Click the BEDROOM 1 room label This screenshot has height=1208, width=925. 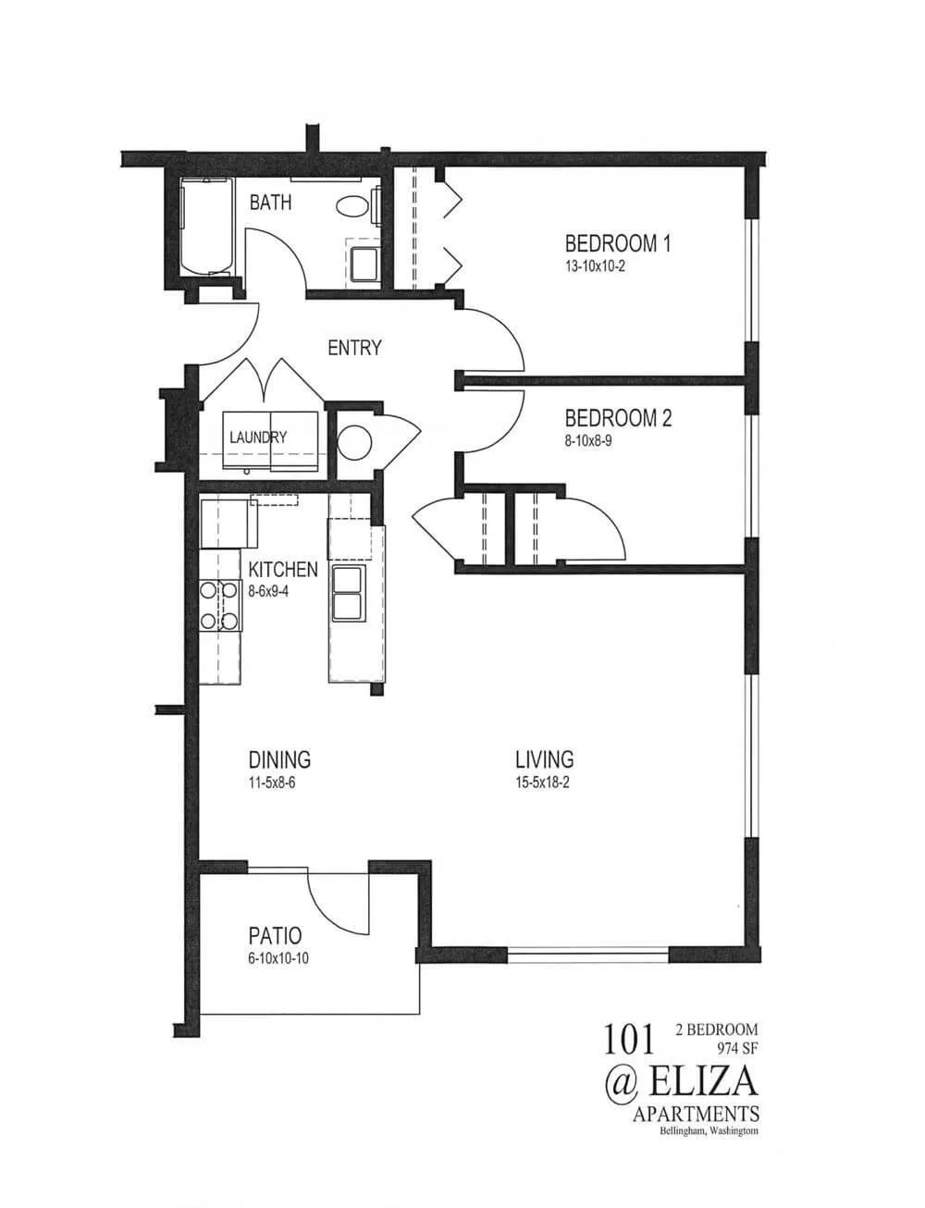617,244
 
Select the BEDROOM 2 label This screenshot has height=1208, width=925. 618,418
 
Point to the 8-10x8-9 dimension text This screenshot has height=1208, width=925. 588,440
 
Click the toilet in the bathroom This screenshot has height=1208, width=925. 352,206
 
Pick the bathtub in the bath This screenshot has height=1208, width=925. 205,227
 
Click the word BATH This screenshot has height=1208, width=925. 270,202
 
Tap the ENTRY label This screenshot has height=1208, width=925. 354,348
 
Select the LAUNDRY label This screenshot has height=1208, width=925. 258,438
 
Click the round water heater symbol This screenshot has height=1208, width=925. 354,443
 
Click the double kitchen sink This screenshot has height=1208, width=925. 348,593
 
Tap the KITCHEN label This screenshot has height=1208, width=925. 282,569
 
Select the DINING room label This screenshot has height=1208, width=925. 279,760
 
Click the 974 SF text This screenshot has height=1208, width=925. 735,1048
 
